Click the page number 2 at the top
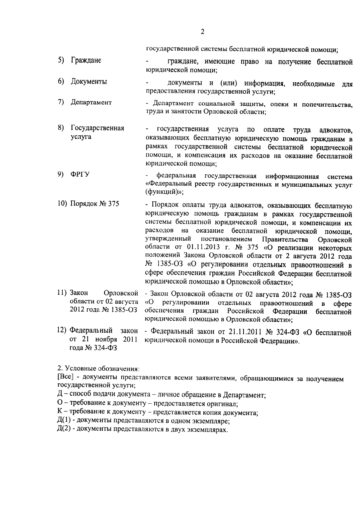click(202, 32)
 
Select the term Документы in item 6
click(89, 81)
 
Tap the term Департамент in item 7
click(91, 102)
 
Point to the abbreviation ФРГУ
click(80, 174)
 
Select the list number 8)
click(61, 128)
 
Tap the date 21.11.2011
click(245, 332)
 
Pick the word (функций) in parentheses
click(163, 192)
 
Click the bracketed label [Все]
click(65, 377)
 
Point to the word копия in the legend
click(211, 412)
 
